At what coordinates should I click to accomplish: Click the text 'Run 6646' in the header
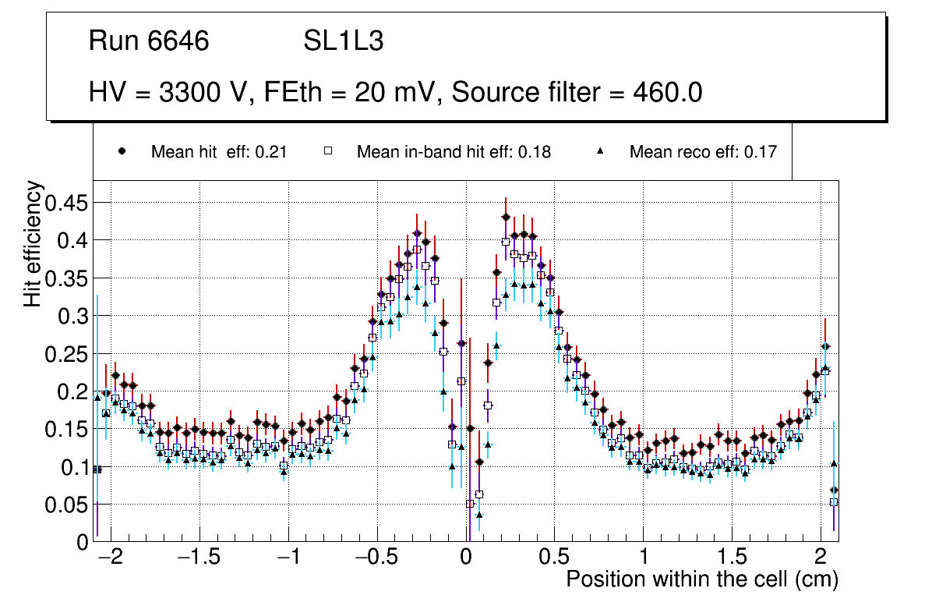[149, 41]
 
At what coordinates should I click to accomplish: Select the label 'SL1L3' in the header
[343, 41]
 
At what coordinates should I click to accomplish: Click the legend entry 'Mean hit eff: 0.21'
[218, 152]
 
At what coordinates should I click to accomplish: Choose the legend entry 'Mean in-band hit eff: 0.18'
[454, 152]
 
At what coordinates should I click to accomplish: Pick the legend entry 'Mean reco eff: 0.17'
[703, 152]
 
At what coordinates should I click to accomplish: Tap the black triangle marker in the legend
[601, 152]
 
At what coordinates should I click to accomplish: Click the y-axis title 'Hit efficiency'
[34, 244]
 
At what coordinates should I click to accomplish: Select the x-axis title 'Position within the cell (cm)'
[702, 579]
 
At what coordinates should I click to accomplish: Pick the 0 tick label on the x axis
[465, 558]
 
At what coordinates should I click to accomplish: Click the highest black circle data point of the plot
[506, 218]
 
